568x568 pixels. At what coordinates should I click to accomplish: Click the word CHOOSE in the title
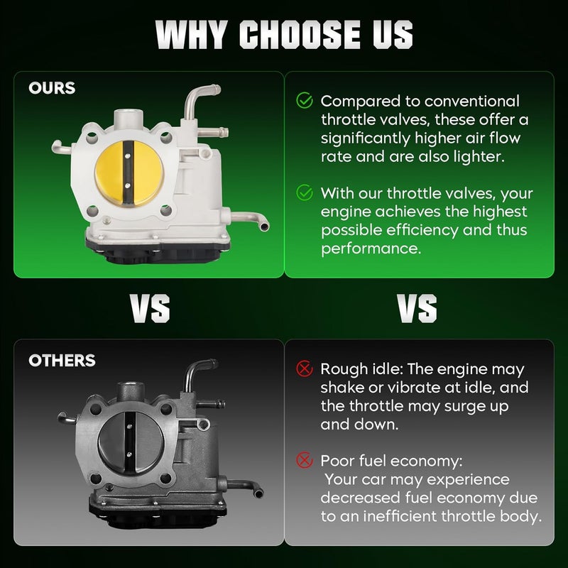(x=300, y=34)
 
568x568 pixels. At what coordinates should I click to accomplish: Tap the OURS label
(x=52, y=88)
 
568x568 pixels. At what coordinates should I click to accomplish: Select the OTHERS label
(x=62, y=361)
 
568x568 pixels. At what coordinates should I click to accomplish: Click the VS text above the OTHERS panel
(x=150, y=308)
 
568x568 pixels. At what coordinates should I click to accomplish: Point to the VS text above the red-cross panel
(x=417, y=308)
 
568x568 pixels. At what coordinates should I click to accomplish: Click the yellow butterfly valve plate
(x=129, y=173)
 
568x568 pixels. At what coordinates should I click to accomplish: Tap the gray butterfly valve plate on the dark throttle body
(x=131, y=443)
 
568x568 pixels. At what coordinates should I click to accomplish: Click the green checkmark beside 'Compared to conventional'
(x=305, y=100)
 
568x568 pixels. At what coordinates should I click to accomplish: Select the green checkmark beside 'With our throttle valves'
(x=305, y=192)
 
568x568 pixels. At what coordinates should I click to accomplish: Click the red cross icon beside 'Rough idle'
(x=305, y=368)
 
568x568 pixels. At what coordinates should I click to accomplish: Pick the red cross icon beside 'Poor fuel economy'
(x=305, y=460)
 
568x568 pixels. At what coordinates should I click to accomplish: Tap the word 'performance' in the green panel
(x=371, y=249)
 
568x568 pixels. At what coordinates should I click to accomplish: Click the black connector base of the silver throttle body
(x=158, y=251)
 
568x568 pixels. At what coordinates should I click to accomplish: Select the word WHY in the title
(x=192, y=34)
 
